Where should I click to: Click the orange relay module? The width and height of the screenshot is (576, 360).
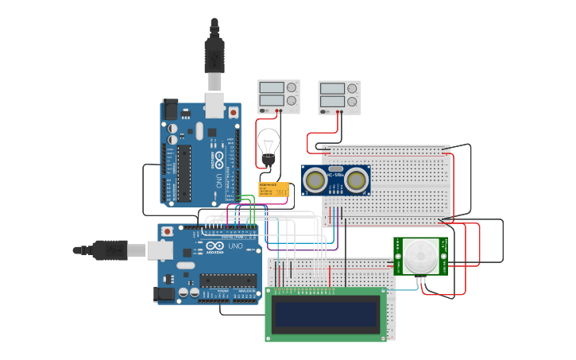point(274,189)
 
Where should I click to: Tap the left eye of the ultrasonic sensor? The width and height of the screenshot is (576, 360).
point(315,180)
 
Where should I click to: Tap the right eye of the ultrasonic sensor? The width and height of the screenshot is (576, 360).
point(357,180)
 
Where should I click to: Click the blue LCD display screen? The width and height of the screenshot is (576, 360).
point(326,314)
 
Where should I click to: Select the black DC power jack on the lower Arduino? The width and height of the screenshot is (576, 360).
point(164,294)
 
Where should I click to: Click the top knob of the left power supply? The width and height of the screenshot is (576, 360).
point(292,87)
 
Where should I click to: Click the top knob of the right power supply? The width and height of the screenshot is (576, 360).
point(352,87)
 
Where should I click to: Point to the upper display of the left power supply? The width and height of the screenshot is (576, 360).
point(272,87)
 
